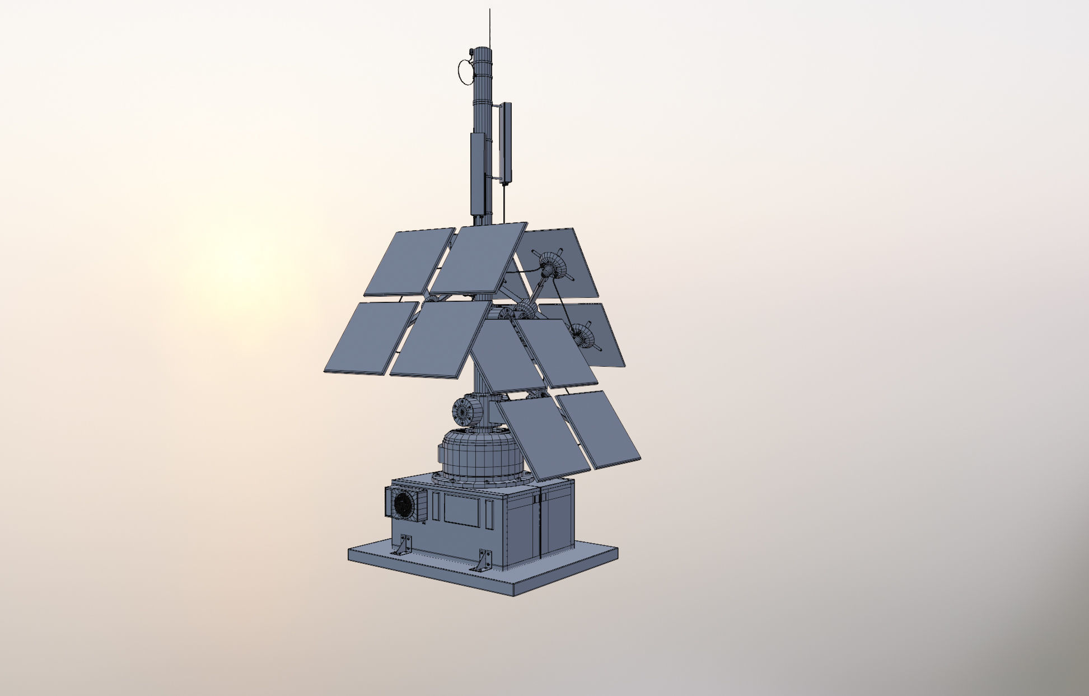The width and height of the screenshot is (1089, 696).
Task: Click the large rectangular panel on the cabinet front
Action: (x=462, y=511)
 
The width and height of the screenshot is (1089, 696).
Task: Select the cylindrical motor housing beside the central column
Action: (x=467, y=411)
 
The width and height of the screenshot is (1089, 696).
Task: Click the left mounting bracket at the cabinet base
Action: (x=403, y=545)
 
